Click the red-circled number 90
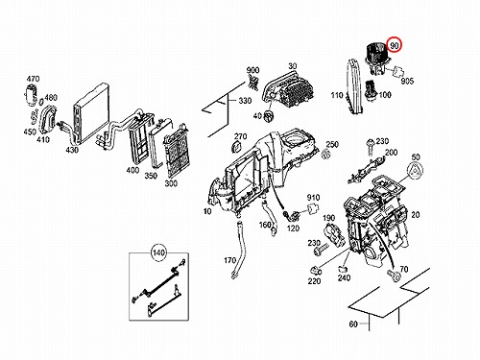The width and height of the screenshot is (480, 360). [395, 45]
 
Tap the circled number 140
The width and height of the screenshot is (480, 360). [158, 252]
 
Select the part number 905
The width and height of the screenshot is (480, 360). [407, 81]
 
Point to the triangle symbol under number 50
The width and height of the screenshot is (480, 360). [417, 173]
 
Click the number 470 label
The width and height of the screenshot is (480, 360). [33, 79]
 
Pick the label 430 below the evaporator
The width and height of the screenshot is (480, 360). [72, 150]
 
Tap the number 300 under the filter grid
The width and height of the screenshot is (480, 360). [171, 183]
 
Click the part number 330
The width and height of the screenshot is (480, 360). [245, 101]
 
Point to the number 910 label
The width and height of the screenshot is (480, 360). [313, 198]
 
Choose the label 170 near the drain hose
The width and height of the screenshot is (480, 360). [229, 260]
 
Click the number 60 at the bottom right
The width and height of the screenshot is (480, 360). [353, 324]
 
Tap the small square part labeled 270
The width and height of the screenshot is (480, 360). [236, 147]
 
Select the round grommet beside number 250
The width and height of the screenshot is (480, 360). [325, 155]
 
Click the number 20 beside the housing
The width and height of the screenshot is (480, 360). [416, 215]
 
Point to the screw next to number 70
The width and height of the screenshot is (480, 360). [394, 276]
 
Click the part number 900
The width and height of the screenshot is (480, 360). [252, 70]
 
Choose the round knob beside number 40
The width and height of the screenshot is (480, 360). [268, 115]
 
